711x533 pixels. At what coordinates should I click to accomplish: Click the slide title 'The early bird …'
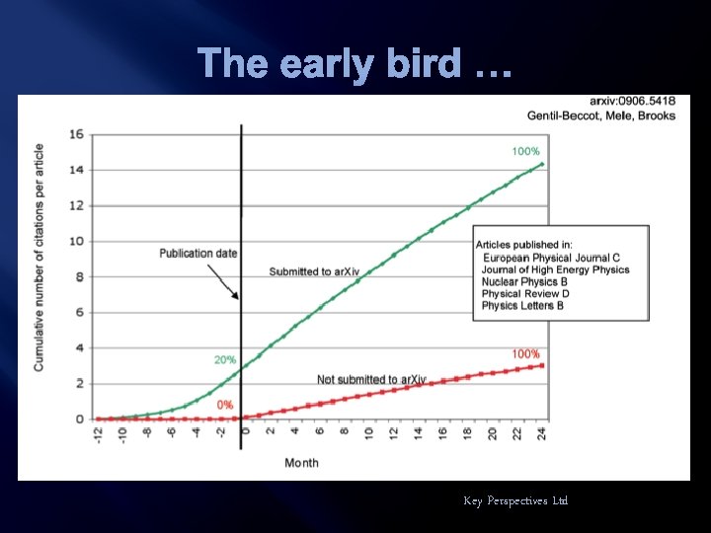(355, 63)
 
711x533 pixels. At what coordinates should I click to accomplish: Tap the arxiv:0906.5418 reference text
(632, 102)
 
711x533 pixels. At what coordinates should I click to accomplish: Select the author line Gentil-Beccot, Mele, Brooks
(601, 115)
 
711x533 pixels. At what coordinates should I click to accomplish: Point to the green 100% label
(525, 151)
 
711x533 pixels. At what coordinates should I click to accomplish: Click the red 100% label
(525, 353)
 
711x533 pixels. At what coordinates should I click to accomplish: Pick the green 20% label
(225, 360)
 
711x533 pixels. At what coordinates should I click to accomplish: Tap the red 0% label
(225, 405)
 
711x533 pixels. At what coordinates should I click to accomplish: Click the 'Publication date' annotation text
(198, 254)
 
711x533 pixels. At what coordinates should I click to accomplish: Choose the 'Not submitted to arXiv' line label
(371, 379)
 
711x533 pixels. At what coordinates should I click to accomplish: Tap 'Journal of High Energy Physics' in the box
(555, 269)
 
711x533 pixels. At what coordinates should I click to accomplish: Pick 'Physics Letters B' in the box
(522, 306)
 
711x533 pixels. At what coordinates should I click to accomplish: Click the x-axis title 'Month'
(301, 463)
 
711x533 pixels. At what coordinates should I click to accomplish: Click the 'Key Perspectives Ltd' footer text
(515, 501)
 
